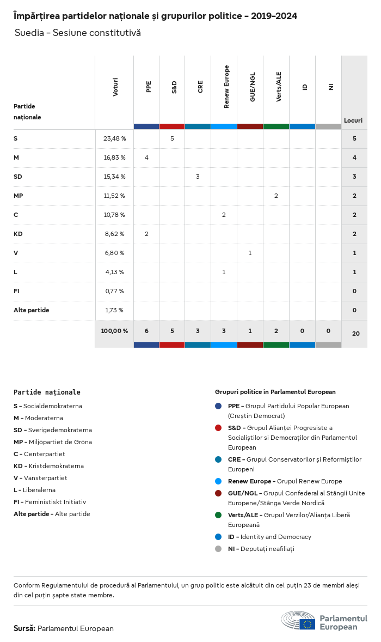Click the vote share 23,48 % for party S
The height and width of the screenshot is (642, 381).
114,138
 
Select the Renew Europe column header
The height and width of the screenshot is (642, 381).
226,87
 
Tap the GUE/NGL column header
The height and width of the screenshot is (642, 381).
253,87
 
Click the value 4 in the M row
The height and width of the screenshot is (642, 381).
146,158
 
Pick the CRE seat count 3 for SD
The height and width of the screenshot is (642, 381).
198,177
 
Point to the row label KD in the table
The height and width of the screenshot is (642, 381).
17,234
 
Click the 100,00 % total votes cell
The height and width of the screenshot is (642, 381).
114,331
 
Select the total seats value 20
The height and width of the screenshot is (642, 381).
355,334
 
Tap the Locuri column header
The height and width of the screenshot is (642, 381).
353,120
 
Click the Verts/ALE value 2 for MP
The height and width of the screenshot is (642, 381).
276,196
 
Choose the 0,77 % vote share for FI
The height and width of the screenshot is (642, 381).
114,291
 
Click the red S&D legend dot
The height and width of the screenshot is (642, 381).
218,428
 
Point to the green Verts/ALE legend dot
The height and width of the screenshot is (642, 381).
218,515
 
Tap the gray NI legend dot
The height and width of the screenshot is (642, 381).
218,549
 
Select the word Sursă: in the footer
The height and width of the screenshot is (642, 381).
24,628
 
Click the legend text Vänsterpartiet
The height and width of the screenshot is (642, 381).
46,478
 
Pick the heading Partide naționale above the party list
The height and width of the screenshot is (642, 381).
47,392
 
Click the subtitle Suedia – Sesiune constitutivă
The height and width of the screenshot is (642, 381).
78,33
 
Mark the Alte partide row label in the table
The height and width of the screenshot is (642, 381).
32,310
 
